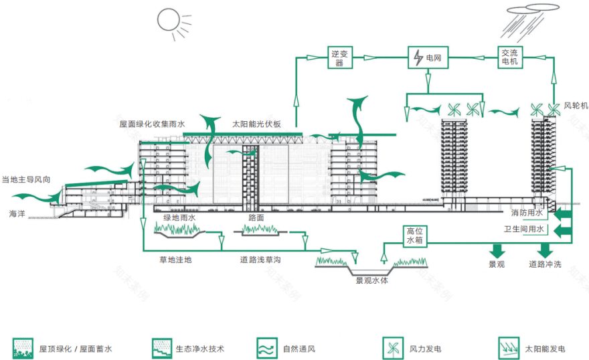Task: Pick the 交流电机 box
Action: pos(510,58)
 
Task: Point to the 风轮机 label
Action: pos(575,106)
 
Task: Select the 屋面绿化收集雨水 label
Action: pos(152,124)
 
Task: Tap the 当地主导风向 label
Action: pos(26,179)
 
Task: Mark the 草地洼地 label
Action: pos(175,260)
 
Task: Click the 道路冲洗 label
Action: pos(545,264)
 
